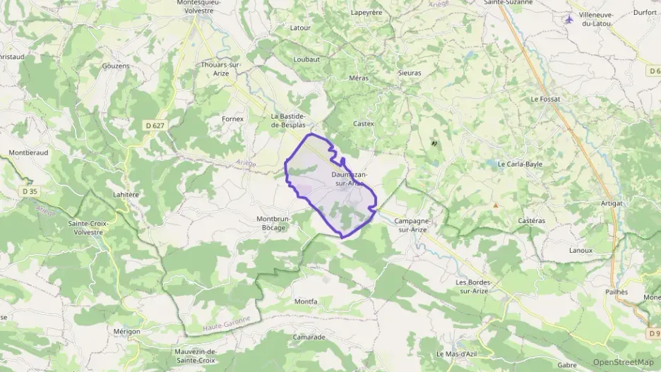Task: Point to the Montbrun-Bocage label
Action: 273,223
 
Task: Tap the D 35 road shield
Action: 29,191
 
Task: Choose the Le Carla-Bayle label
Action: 520,164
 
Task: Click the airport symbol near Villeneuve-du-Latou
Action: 570,18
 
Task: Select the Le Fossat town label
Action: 545,99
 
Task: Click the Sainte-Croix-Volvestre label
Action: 88,227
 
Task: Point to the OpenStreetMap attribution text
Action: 623,362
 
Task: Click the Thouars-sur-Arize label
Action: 221,68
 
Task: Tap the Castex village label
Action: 363,124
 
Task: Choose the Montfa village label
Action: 306,301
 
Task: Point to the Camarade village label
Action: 309,337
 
